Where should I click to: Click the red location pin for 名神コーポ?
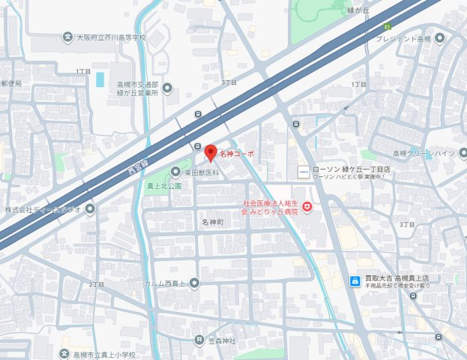pos(210,150)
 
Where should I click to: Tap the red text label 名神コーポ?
pos(237,154)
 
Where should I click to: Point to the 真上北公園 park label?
pos(164,185)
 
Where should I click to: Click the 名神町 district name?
pos(213,223)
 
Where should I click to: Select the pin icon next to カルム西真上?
pos(194,283)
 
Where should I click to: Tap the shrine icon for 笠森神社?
pos(199,340)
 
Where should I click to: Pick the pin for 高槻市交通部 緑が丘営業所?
pos(167,88)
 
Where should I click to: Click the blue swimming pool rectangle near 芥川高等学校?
pos(100,79)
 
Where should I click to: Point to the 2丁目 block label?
pos(96,285)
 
